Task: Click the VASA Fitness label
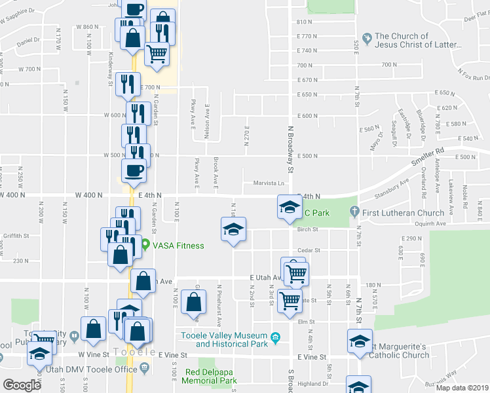[178, 246]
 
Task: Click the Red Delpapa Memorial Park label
[210, 376]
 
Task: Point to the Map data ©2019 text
[462, 388]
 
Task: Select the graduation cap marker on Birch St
[233, 231]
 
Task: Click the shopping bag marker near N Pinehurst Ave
[193, 303]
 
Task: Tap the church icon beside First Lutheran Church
[354, 212]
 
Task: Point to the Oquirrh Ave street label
[426, 223]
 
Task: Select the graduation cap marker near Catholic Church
[359, 342]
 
